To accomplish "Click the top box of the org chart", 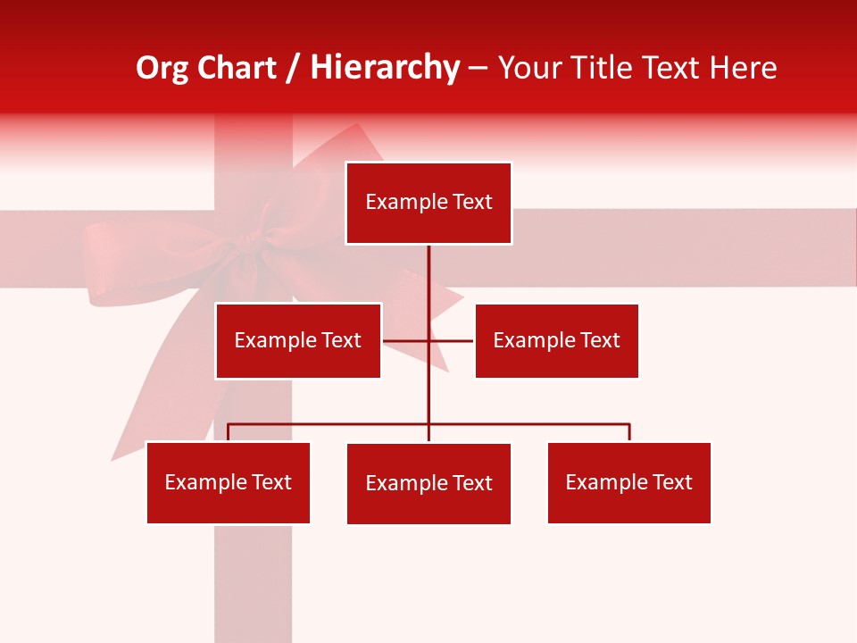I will coord(428,203).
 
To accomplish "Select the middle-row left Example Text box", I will coord(298,340).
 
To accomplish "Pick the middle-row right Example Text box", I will coord(556,340).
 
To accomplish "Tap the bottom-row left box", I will coord(229,482).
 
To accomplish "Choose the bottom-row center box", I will coord(428,483).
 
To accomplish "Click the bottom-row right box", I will coord(629,482).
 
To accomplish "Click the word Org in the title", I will coord(161,68).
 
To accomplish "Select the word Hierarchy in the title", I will coord(385,68).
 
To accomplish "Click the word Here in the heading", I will coord(744,68).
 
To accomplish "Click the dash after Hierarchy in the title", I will coord(478,68).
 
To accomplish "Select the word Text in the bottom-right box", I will coord(673,482).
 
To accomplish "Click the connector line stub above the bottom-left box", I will coord(229,432).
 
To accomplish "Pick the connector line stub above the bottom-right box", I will coord(629,432).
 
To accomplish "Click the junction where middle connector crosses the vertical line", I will coord(428,340).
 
